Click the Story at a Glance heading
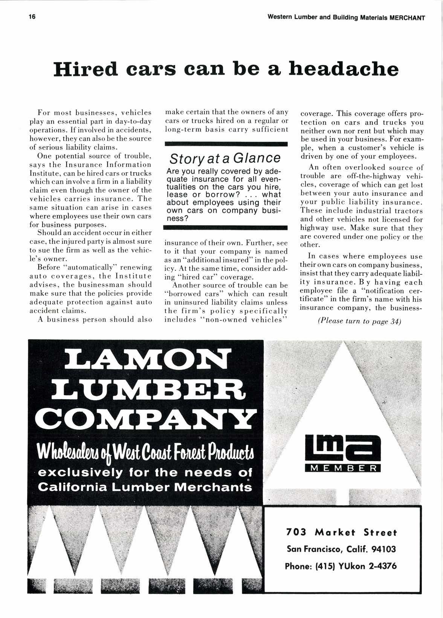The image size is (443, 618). click(x=225, y=158)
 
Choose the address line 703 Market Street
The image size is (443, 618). click(x=342, y=532)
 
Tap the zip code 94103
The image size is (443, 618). click(x=384, y=549)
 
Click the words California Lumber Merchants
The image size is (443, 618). click(x=146, y=487)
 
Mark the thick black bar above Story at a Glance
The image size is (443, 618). click(x=226, y=144)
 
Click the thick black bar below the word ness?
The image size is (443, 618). click(x=226, y=228)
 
